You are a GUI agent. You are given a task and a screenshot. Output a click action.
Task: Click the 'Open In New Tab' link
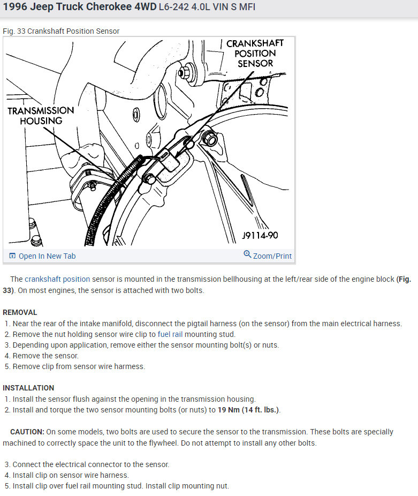[47, 256]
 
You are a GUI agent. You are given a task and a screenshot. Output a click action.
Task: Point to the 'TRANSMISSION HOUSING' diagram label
[41, 115]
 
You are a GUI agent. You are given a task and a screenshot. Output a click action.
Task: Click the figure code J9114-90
[260, 236]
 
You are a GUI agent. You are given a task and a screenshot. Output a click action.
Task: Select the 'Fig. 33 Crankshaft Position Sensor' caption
[61, 31]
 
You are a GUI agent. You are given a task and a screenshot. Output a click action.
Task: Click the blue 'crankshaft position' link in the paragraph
[57, 279]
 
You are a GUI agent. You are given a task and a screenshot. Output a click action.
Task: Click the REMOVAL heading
[20, 312]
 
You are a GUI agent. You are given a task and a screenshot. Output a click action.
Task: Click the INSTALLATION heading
[28, 388]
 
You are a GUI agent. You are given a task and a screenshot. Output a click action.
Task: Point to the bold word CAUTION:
[27, 432]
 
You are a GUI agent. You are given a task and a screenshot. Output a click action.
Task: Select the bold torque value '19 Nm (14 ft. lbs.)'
[248, 410]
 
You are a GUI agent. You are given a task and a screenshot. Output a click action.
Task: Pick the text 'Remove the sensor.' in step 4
[45, 356]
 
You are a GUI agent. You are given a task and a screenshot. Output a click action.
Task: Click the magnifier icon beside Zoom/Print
[247, 254]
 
